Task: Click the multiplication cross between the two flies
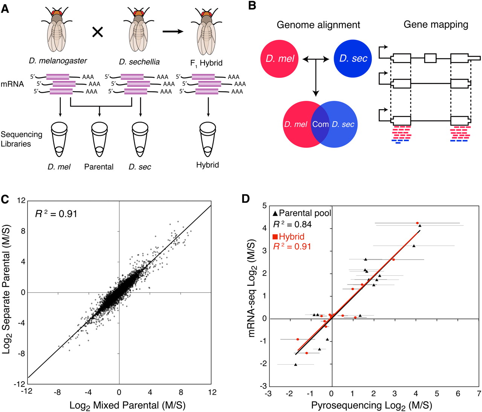point(98,32)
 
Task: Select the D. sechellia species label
point(139,62)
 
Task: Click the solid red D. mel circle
point(279,59)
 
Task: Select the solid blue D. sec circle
point(353,59)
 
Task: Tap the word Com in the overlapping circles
point(320,124)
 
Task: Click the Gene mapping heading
point(436,25)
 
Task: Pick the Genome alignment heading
point(318,25)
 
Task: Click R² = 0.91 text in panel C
point(56,214)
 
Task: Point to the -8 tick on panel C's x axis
point(57,392)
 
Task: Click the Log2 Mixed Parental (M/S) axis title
point(128,406)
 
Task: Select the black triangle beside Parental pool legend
point(275,213)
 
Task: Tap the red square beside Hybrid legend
point(275,237)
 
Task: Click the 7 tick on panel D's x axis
point(479,394)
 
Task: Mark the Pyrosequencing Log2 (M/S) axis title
point(371,406)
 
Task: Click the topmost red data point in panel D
point(417,223)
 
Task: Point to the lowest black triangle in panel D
point(296,364)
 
